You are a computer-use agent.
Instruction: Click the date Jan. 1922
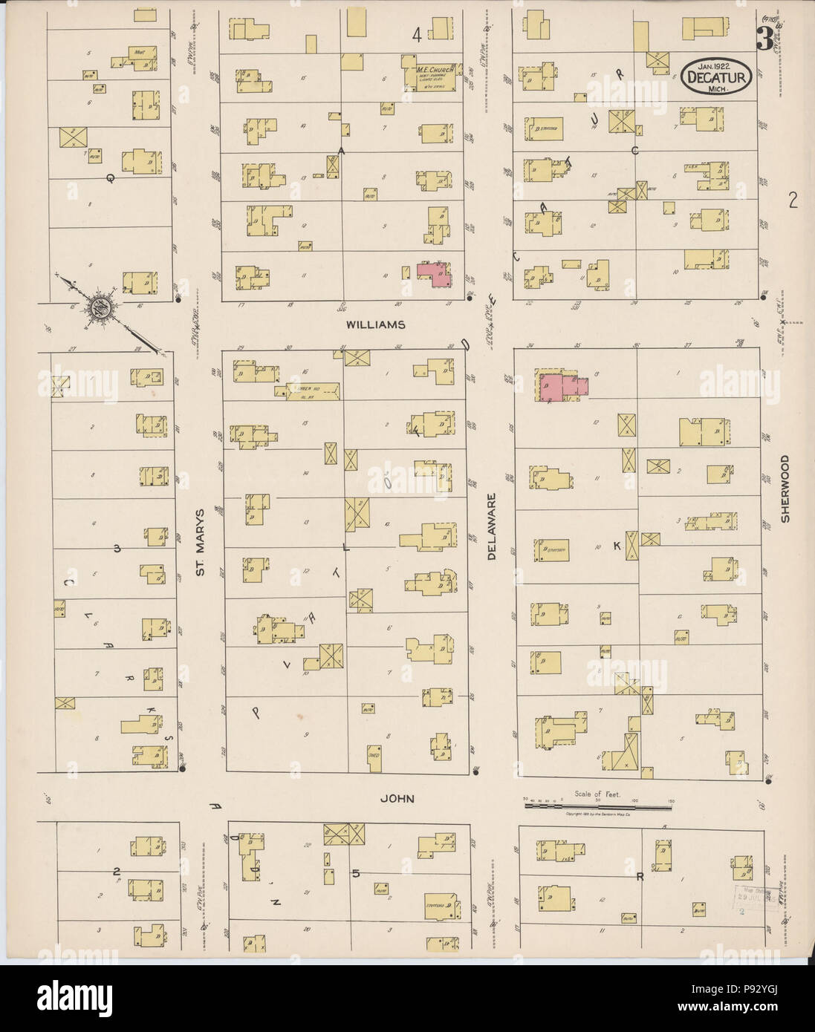coord(716,65)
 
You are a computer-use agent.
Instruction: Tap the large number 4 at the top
coord(418,33)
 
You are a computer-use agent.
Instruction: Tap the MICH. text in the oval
coord(718,88)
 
